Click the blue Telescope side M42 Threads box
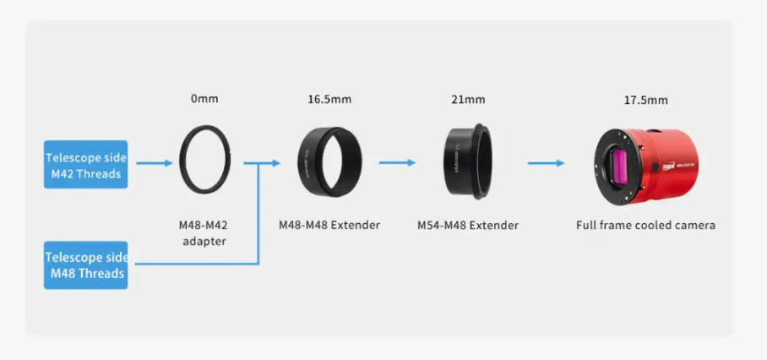tap(85, 164)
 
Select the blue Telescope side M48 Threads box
tap(85, 265)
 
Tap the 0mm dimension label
tap(204, 99)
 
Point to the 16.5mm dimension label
tap(329, 100)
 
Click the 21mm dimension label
tap(468, 100)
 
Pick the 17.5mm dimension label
tap(645, 101)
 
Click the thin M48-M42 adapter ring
tap(181, 160)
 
